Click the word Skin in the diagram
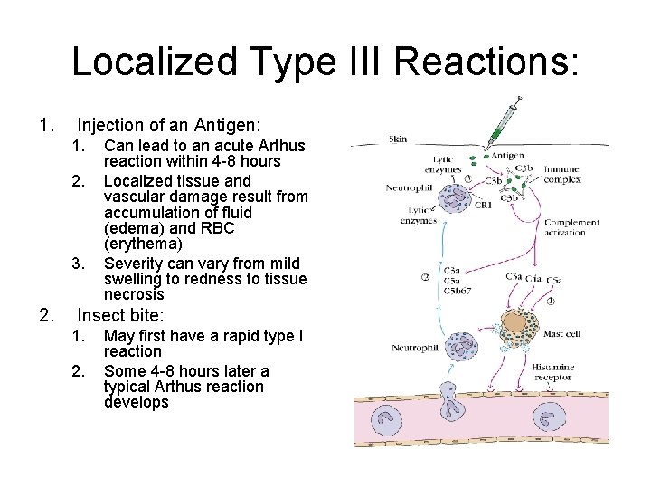click(398, 139)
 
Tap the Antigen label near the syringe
click(507, 156)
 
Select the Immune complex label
click(561, 175)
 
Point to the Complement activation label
click(571, 227)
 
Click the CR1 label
click(484, 206)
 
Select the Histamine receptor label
click(552, 372)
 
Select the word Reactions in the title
click(486, 62)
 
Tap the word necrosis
click(134, 294)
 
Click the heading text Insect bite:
click(120, 316)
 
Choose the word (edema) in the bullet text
click(132, 228)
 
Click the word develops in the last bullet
click(136, 402)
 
